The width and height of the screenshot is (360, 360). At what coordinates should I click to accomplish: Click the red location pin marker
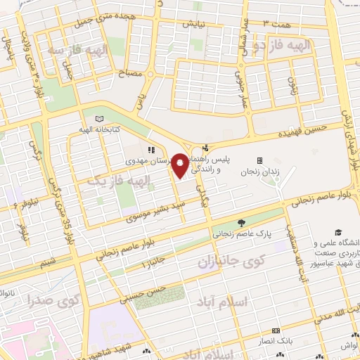pyautogui.click(x=180, y=165)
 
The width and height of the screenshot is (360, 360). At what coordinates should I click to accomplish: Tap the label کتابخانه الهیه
pyautogui.click(x=98, y=129)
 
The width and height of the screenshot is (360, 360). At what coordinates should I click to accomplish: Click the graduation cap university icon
pyautogui.click(x=338, y=233)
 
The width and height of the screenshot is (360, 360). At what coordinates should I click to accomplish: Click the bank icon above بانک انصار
pyautogui.click(x=276, y=330)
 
